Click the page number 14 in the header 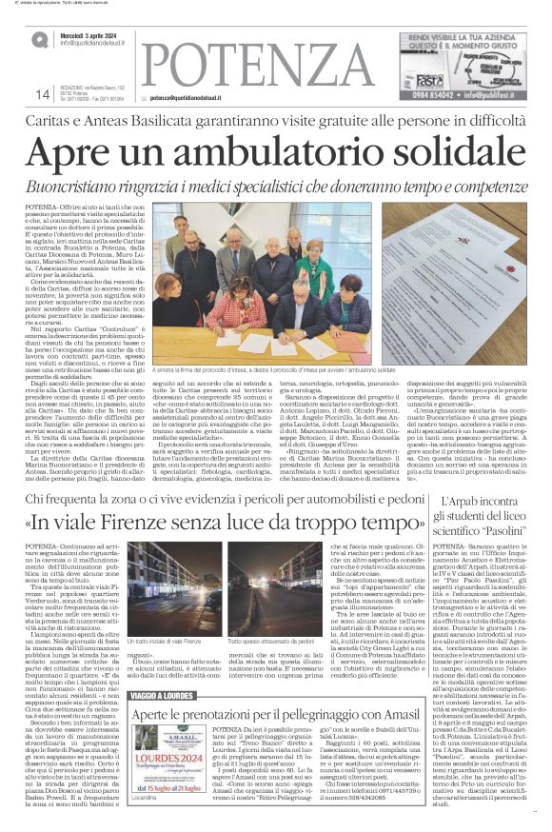point(41,93)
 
